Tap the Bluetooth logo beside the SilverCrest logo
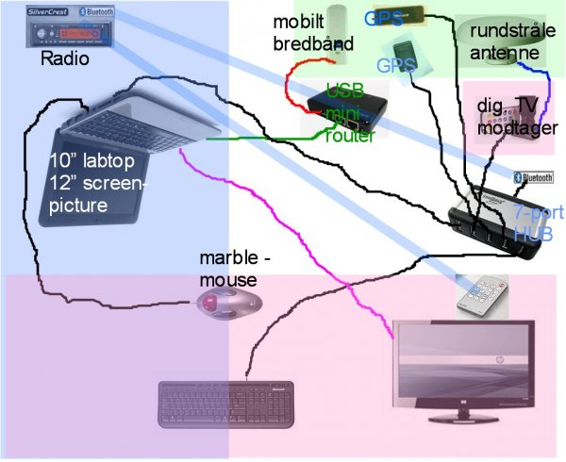(98, 11)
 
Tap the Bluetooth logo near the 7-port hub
(533, 176)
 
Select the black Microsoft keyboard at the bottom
(226, 404)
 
